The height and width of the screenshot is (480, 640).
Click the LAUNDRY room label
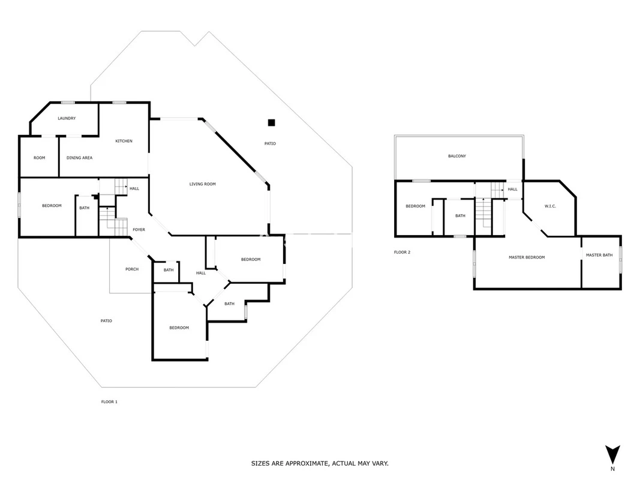(67, 118)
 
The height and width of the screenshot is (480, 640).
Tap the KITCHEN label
(124, 141)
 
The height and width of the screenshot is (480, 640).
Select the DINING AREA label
(79, 158)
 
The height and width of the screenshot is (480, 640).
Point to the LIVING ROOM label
(203, 184)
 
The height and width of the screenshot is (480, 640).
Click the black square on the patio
(272, 122)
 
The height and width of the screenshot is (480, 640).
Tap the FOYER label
(139, 230)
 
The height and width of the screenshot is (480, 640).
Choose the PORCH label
(132, 269)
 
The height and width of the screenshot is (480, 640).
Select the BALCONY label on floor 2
(456, 156)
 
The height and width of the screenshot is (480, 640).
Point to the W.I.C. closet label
(550, 206)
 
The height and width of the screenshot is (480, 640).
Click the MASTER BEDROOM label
(527, 257)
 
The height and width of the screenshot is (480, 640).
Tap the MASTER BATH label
(599, 255)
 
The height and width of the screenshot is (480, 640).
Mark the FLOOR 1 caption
(109, 402)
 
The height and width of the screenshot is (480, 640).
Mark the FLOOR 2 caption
(402, 252)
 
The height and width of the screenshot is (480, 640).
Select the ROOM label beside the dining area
(39, 158)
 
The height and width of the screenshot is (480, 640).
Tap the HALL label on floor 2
(513, 190)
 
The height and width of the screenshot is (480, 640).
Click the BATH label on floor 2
(460, 216)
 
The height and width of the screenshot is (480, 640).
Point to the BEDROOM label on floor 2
(415, 206)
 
